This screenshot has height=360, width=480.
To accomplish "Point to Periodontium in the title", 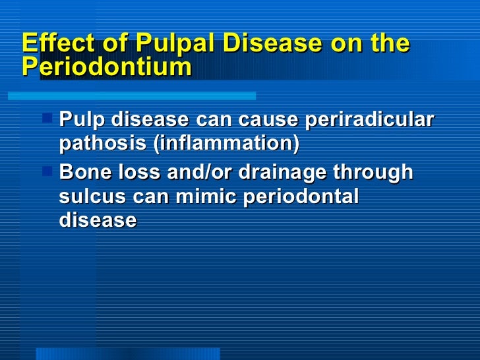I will [107, 67].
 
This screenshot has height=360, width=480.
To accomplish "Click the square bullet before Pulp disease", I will [47, 119].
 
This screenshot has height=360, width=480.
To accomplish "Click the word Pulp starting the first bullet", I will [82, 121].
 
